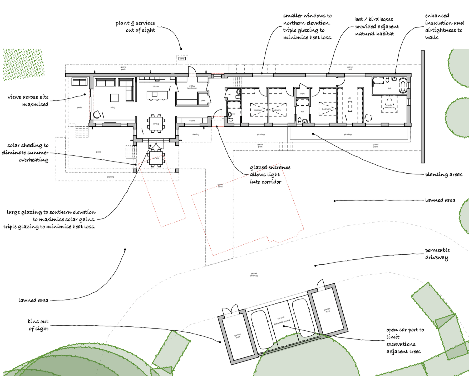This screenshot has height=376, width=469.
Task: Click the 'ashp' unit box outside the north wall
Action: (182, 59)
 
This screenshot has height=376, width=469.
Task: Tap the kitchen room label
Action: (156, 86)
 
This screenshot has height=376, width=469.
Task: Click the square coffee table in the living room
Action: (114, 98)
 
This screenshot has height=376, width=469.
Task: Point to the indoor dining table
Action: (156, 123)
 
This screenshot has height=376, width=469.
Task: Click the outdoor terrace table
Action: (156, 158)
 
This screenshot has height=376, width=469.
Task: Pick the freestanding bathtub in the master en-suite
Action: (403, 85)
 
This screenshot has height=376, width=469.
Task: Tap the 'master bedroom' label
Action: (389, 106)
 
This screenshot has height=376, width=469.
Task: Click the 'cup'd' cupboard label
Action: (303, 93)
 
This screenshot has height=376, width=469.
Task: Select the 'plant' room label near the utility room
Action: (203, 101)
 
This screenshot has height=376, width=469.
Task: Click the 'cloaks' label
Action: (192, 121)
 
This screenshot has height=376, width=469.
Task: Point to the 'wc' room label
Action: (230, 94)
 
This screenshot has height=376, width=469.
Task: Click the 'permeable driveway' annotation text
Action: (437, 254)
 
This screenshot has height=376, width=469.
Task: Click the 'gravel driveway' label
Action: (254, 275)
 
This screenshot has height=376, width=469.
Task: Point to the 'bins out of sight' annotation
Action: (38, 325)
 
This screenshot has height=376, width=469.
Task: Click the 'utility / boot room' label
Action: (192, 87)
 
